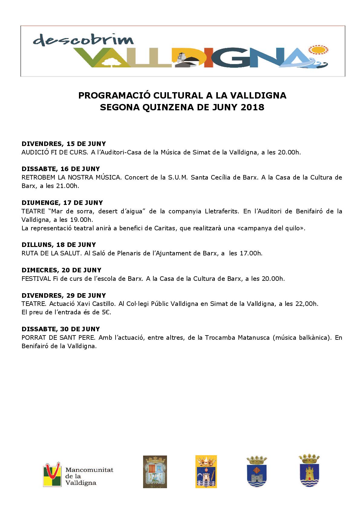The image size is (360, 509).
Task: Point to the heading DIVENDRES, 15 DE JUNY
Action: tap(64, 144)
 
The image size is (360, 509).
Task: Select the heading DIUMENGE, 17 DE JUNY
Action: tap(62, 203)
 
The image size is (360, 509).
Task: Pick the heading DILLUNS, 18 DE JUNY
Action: tap(59, 245)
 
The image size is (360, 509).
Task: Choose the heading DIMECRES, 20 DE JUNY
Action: tap(61, 270)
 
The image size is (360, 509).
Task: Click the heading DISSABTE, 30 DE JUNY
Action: tap(61, 329)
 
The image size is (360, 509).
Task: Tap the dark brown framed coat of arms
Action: tap(155, 472)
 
